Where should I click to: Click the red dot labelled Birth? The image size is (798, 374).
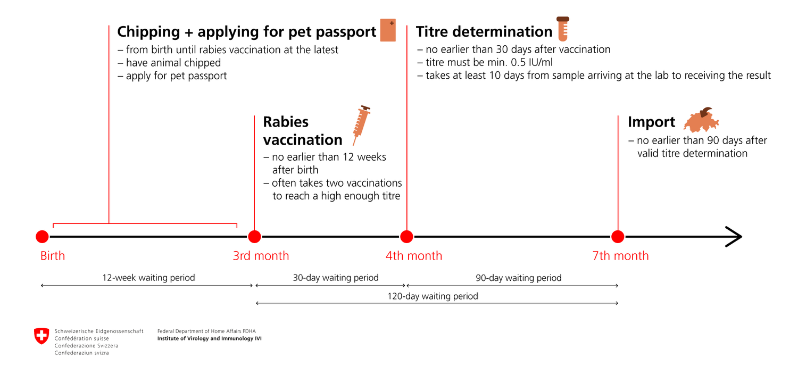pyautogui.click(x=42, y=237)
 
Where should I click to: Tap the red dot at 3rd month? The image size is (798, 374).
pyautogui.click(x=254, y=237)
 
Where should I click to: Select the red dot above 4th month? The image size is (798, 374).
pyautogui.click(x=406, y=237)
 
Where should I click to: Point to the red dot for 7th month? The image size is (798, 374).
pyautogui.click(x=618, y=237)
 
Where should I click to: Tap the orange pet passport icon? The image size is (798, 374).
pyautogui.click(x=388, y=30)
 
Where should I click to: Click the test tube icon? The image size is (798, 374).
pyautogui.click(x=563, y=29)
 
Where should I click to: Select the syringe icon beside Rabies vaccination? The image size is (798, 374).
pyautogui.click(x=361, y=125)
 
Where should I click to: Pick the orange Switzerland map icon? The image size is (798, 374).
pyautogui.click(x=701, y=120)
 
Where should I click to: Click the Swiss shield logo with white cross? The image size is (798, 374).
pyautogui.click(x=41, y=336)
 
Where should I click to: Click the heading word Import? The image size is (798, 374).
pyautogui.click(x=651, y=122)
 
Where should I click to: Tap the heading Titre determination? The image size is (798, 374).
pyautogui.click(x=484, y=32)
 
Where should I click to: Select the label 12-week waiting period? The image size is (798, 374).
pyautogui.click(x=148, y=278)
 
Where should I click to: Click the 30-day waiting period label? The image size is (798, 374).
pyautogui.click(x=336, y=278)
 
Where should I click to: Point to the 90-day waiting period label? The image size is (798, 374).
pyautogui.click(x=519, y=278)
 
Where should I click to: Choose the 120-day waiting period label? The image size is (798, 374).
pyautogui.click(x=433, y=296)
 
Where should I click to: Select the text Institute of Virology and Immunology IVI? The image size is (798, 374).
pyautogui.click(x=210, y=338)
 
